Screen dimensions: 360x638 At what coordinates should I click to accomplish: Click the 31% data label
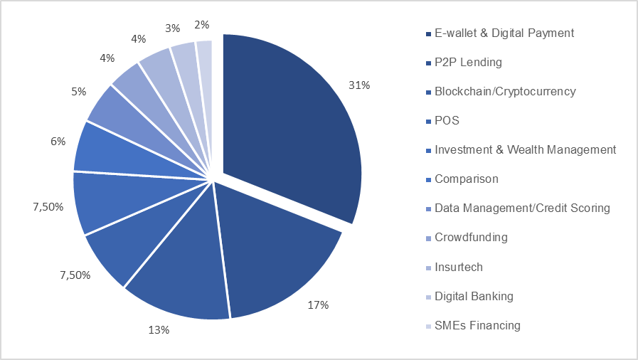point(360,85)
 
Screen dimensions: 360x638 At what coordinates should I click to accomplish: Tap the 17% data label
point(318,305)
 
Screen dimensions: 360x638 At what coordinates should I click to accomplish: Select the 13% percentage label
point(159,329)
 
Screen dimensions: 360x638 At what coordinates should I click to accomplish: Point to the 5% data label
point(78,91)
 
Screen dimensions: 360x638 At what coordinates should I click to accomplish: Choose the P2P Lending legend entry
point(467,63)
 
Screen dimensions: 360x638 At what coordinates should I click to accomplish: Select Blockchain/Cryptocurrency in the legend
point(504,92)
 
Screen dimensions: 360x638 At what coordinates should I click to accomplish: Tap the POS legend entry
point(447,121)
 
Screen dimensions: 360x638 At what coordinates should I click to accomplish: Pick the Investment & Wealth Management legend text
point(525,150)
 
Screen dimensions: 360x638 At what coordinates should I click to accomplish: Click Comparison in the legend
point(466,179)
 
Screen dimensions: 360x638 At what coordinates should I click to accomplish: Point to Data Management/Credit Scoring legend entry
point(522,208)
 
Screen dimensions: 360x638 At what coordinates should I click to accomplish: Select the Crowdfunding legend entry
point(471,238)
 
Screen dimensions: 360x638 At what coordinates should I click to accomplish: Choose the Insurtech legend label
point(458,267)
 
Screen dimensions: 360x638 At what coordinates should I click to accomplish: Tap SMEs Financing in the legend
point(477,325)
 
